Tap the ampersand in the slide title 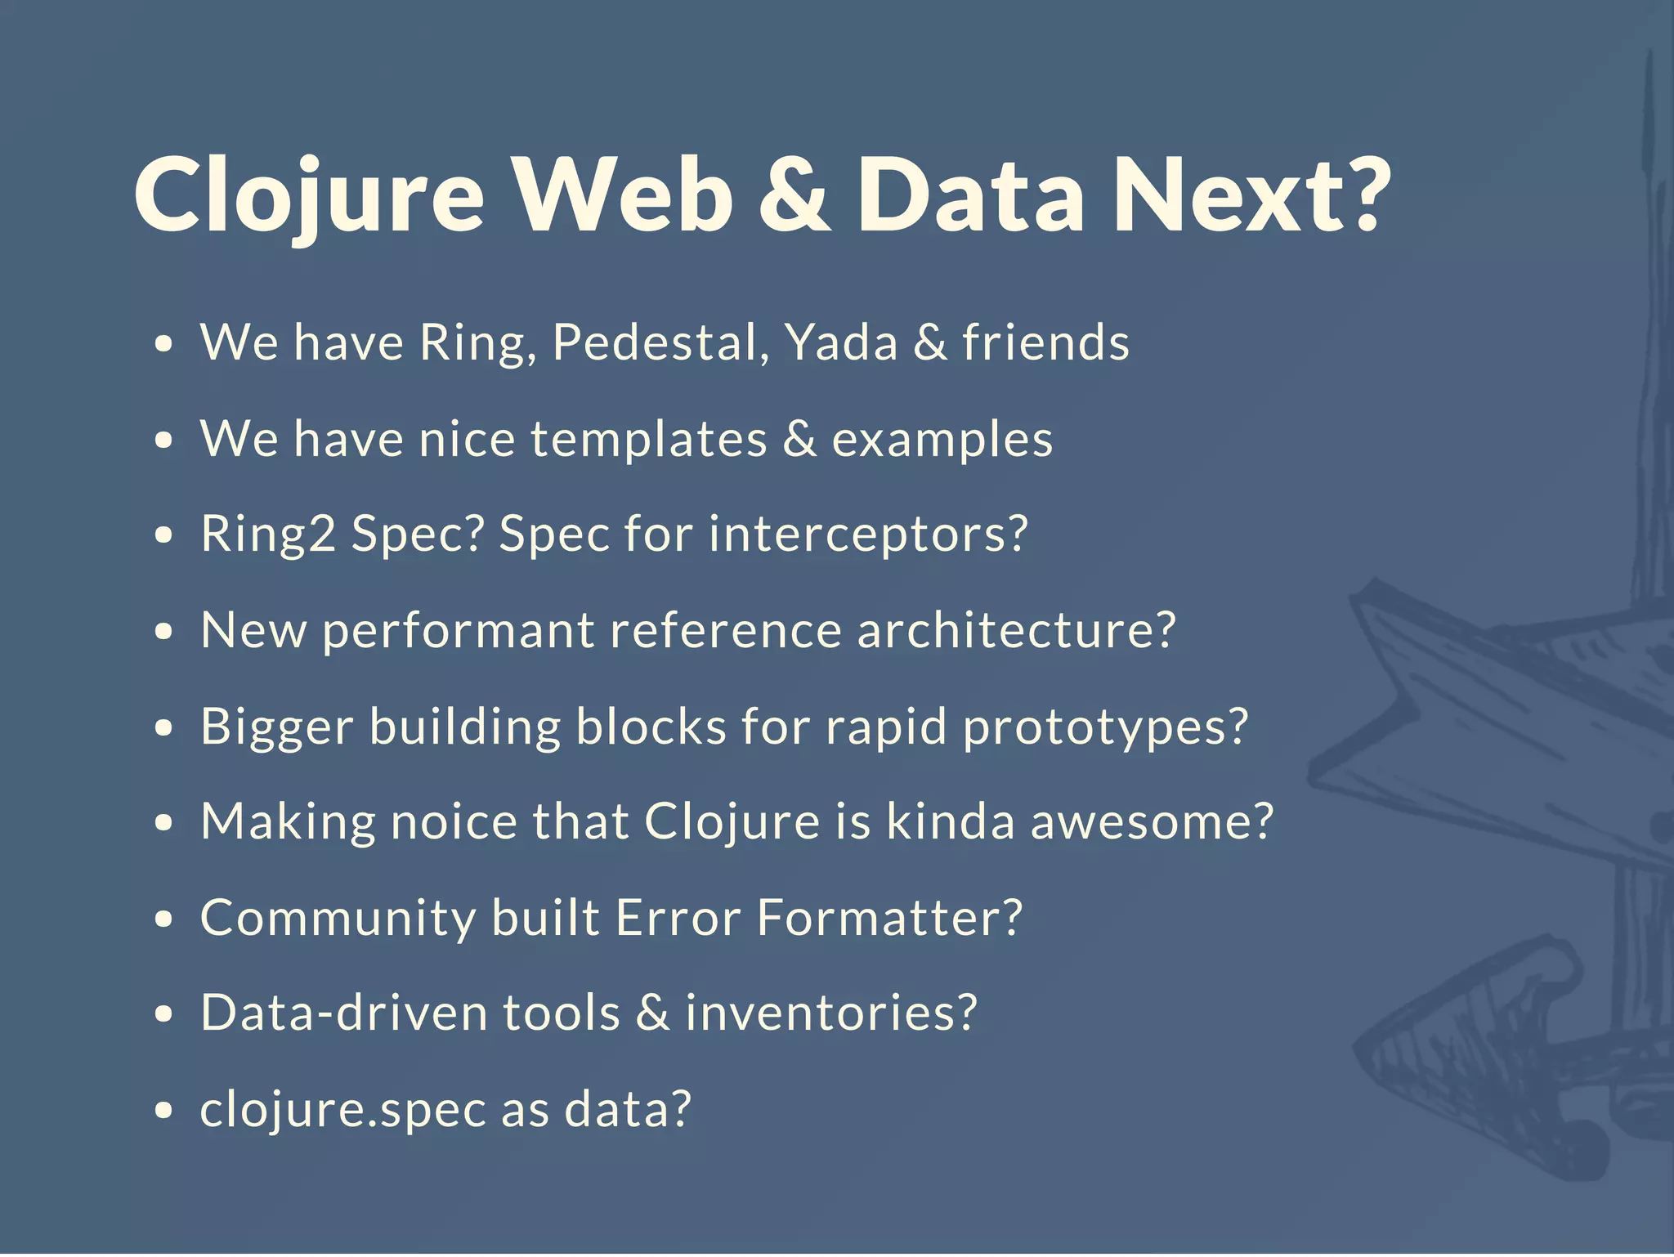tap(794, 196)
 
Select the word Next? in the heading tap(1251, 196)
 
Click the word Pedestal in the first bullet tap(660, 343)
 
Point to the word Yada tap(841, 343)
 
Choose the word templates tap(649, 440)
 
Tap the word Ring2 tap(268, 535)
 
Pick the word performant tap(459, 632)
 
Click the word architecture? tap(1016, 631)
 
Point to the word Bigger tap(277, 727)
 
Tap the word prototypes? tap(1106, 727)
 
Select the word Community tap(338, 919)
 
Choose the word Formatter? tap(889, 918)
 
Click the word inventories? tap(830, 1013)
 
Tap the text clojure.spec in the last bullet tap(342, 1111)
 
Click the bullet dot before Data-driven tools tap(164, 1014)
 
